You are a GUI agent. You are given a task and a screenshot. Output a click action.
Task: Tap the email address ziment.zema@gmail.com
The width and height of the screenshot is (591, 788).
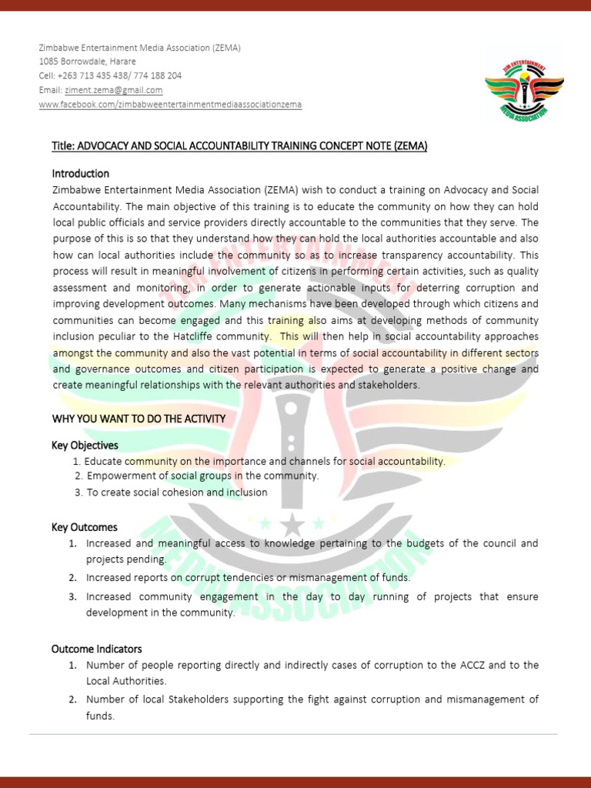pyautogui.click(x=113, y=90)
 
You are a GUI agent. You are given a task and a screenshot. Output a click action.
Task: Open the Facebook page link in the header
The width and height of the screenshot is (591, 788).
pyautogui.click(x=170, y=104)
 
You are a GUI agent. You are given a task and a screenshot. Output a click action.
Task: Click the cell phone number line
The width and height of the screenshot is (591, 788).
pyautogui.click(x=110, y=75)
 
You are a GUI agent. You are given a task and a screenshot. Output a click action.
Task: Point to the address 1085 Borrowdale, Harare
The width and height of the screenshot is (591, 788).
pyautogui.click(x=87, y=62)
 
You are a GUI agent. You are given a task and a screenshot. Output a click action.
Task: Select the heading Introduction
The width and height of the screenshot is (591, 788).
pyautogui.click(x=80, y=173)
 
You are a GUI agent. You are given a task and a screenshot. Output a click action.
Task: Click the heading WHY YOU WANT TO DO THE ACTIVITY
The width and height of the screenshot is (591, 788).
pyautogui.click(x=139, y=419)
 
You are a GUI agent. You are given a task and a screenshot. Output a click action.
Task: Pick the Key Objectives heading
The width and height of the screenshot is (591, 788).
pyautogui.click(x=85, y=446)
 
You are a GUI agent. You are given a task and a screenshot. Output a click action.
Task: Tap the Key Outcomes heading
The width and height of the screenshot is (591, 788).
pyautogui.click(x=84, y=527)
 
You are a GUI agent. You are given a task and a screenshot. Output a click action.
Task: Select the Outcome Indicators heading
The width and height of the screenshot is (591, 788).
pyautogui.click(x=96, y=649)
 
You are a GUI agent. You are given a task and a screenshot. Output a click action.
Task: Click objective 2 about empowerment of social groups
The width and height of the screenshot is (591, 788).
pyautogui.click(x=202, y=476)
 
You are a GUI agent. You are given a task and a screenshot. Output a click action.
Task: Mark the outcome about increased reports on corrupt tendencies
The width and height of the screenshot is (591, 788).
pyautogui.click(x=248, y=577)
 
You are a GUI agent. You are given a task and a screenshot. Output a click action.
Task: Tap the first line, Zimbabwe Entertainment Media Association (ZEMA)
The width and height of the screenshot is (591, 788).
pyautogui.click(x=139, y=48)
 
